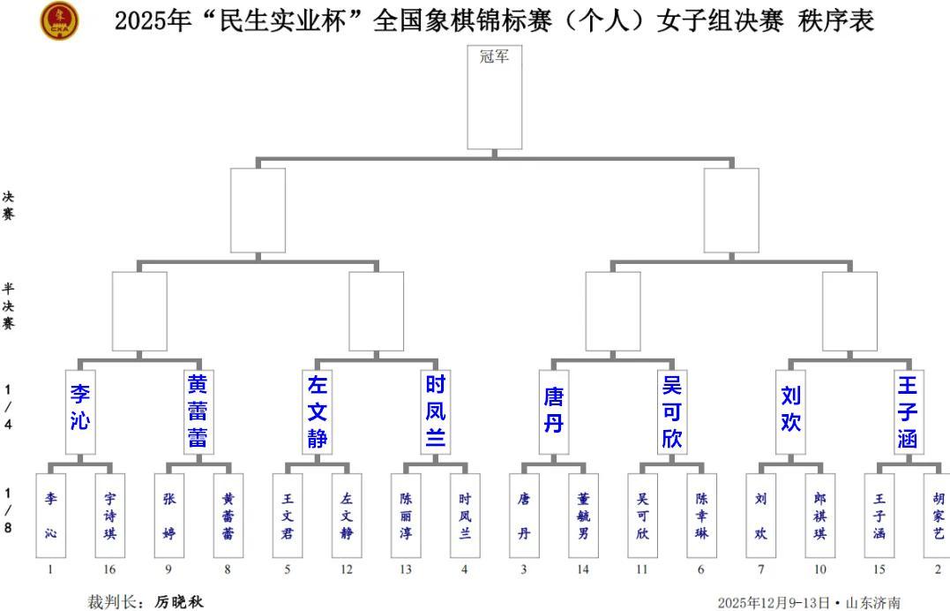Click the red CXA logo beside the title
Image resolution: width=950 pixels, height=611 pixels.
point(59,20)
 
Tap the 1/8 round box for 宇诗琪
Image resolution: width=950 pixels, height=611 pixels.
point(109,515)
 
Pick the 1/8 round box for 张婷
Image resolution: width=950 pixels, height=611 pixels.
point(169,515)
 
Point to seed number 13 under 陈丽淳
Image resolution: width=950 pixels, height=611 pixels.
point(405,570)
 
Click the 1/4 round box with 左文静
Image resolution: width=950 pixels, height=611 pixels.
point(318,411)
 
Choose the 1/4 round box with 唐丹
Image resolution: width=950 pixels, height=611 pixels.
point(554,411)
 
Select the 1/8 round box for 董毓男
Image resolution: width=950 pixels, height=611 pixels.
point(583,515)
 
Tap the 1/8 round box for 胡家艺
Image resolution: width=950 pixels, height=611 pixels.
point(937,515)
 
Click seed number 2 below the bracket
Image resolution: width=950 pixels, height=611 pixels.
point(937,570)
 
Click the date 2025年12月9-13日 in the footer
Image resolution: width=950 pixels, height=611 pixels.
point(774,603)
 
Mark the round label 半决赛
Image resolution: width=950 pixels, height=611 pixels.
point(8,305)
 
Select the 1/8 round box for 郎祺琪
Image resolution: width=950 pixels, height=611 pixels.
point(819,515)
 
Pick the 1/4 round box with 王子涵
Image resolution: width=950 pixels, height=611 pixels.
point(908,411)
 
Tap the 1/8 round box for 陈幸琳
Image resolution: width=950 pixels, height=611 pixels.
point(701,515)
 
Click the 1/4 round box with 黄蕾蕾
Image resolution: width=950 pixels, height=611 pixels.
point(198,411)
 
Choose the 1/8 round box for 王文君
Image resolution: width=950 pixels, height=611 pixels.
point(288,515)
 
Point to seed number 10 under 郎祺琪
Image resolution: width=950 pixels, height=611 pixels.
point(819,570)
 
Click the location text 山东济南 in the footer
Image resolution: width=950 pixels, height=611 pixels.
point(873,603)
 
